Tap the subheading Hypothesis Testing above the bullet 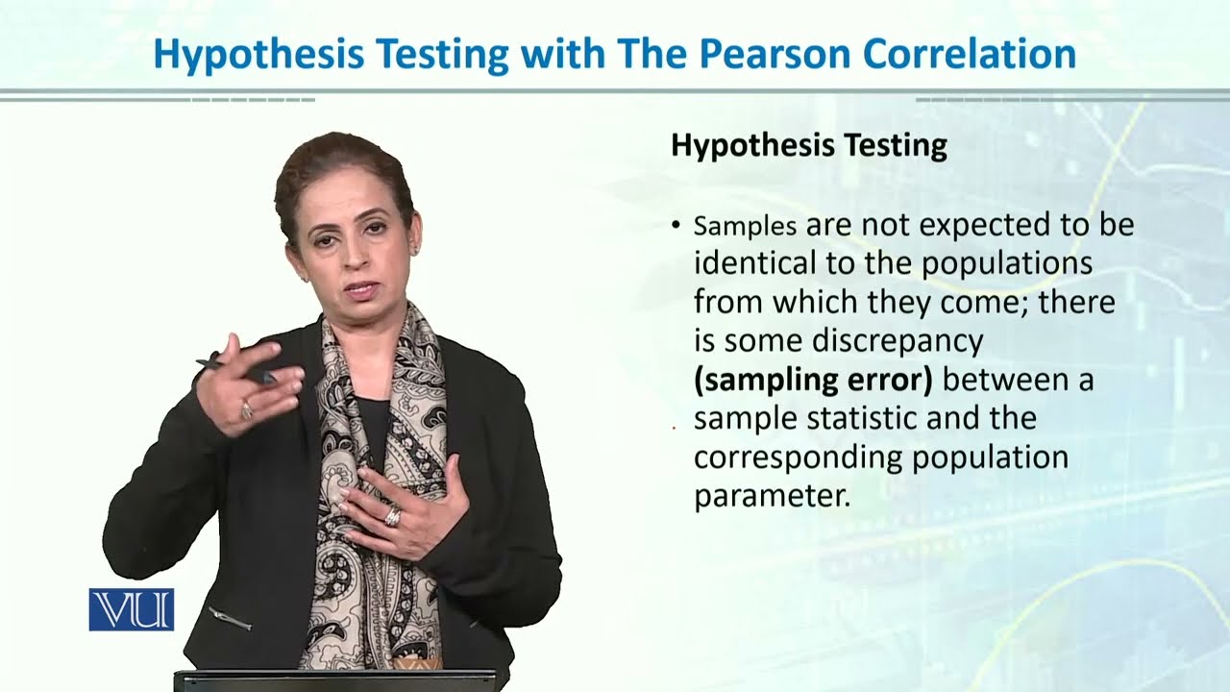[808, 146]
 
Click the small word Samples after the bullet [745, 227]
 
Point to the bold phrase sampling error [813, 381]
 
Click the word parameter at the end [772, 497]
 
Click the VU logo [131, 609]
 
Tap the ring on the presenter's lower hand [392, 517]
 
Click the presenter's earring [416, 248]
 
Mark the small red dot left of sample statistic [674, 425]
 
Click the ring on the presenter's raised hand [246, 410]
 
